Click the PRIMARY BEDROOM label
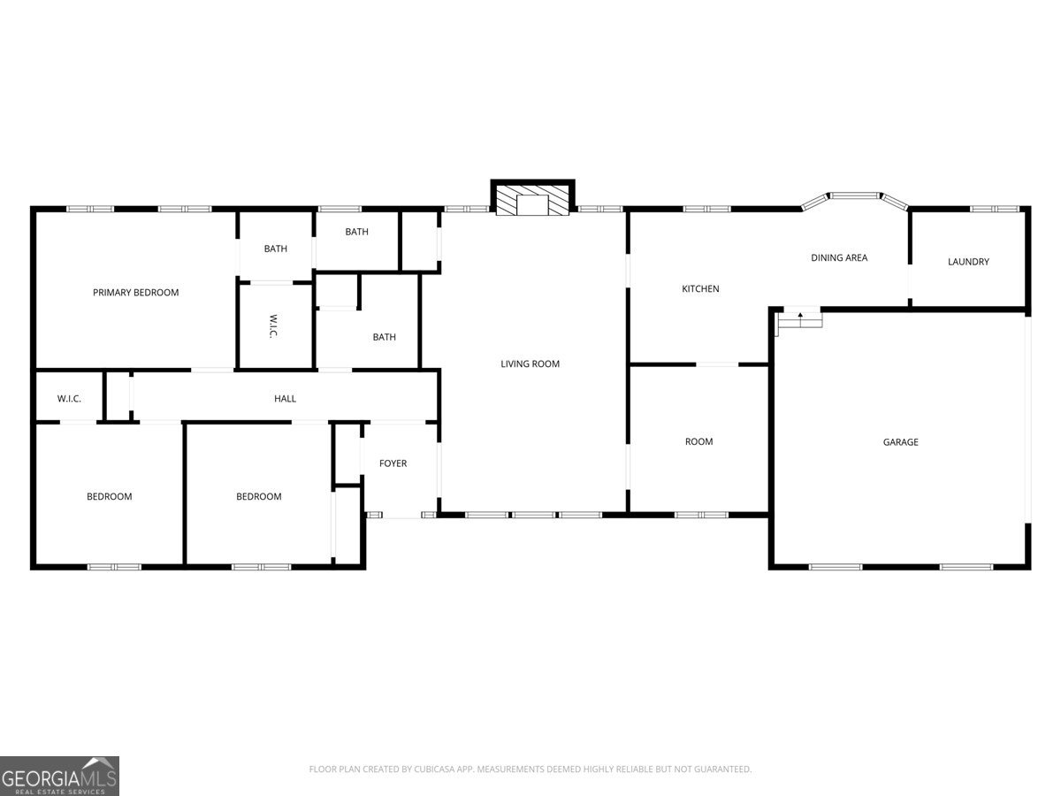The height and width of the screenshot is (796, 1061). pos(135,293)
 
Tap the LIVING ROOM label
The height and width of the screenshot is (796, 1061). pos(530,364)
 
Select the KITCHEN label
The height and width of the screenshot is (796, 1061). pos(700,289)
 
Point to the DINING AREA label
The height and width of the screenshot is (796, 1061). pos(839,258)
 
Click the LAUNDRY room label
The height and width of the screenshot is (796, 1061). pos(968,262)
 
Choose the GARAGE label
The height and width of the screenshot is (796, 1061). pos(900,442)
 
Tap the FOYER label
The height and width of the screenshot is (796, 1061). pos(393,463)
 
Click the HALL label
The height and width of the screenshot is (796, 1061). pos(285,399)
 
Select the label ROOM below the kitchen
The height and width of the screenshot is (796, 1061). pos(698,441)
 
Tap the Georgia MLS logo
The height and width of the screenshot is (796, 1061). pos(59,776)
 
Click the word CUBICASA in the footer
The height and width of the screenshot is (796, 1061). pos(434,769)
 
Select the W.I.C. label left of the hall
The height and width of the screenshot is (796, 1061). pos(69,399)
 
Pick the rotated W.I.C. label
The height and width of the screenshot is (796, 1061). pos(273,326)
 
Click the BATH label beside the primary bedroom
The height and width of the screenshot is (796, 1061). pos(275,249)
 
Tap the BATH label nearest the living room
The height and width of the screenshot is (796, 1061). pos(384,337)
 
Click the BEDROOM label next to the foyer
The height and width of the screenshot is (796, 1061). pos(258,497)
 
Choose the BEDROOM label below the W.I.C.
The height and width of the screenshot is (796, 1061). pos(110,497)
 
